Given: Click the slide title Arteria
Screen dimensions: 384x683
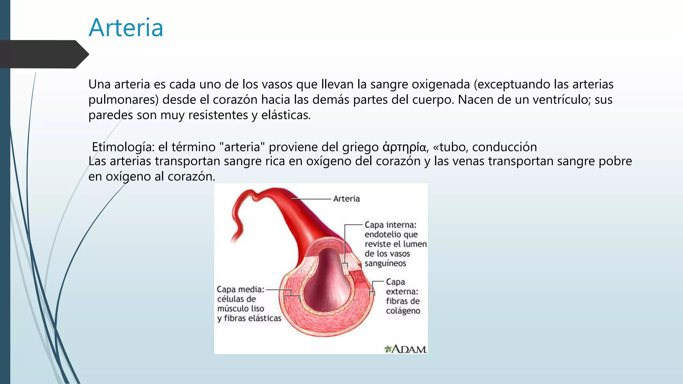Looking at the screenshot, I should pos(126,28).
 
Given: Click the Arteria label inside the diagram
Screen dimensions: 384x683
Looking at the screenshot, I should pos(346,199).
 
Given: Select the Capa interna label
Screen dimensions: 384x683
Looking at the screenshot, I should pos(390,225).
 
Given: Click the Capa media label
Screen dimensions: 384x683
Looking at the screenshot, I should pos(240,289).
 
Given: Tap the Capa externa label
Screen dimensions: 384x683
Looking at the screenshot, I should pos(402,287).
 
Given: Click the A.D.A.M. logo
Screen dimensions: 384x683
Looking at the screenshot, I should pos(406,349).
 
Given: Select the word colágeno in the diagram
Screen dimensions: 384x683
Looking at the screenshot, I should pos(403,311).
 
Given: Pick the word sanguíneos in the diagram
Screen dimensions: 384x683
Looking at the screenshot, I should pos(385,263).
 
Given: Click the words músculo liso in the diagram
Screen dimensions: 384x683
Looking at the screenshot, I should pos(240,309).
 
